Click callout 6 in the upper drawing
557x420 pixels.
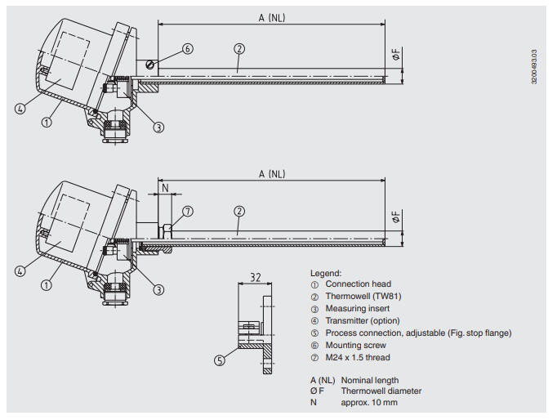[x=187, y=49]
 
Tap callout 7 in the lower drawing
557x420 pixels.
[x=187, y=211]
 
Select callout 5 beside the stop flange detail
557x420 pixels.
[x=221, y=359]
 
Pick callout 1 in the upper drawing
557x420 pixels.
[x=47, y=123]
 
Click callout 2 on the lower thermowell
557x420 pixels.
[x=238, y=211]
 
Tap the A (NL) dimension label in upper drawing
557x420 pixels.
[x=272, y=16]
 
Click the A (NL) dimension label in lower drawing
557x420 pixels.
[x=272, y=174]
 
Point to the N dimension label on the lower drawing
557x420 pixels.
[x=165, y=187]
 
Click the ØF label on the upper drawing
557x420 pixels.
[x=396, y=56]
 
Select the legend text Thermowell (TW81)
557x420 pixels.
[x=363, y=297]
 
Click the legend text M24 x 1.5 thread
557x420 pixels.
[x=358, y=358]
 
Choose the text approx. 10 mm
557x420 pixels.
[x=370, y=402]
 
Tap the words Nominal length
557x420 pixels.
[x=370, y=380]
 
